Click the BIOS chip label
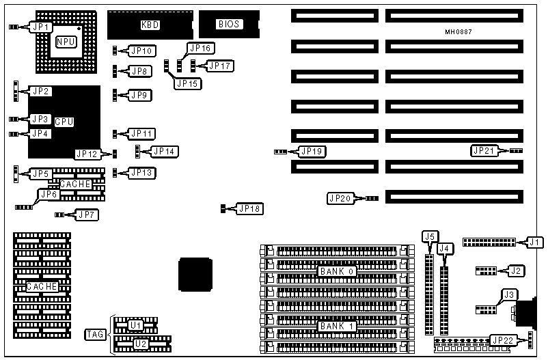click(x=228, y=25)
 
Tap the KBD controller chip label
click(x=150, y=25)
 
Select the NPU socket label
click(x=66, y=42)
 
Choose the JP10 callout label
click(x=142, y=51)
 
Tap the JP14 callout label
click(x=164, y=151)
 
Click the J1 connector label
click(x=534, y=242)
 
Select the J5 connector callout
click(x=429, y=237)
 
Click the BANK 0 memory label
click(x=336, y=271)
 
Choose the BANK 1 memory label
click(x=335, y=326)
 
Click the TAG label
click(x=96, y=334)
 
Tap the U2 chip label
click(x=140, y=344)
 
